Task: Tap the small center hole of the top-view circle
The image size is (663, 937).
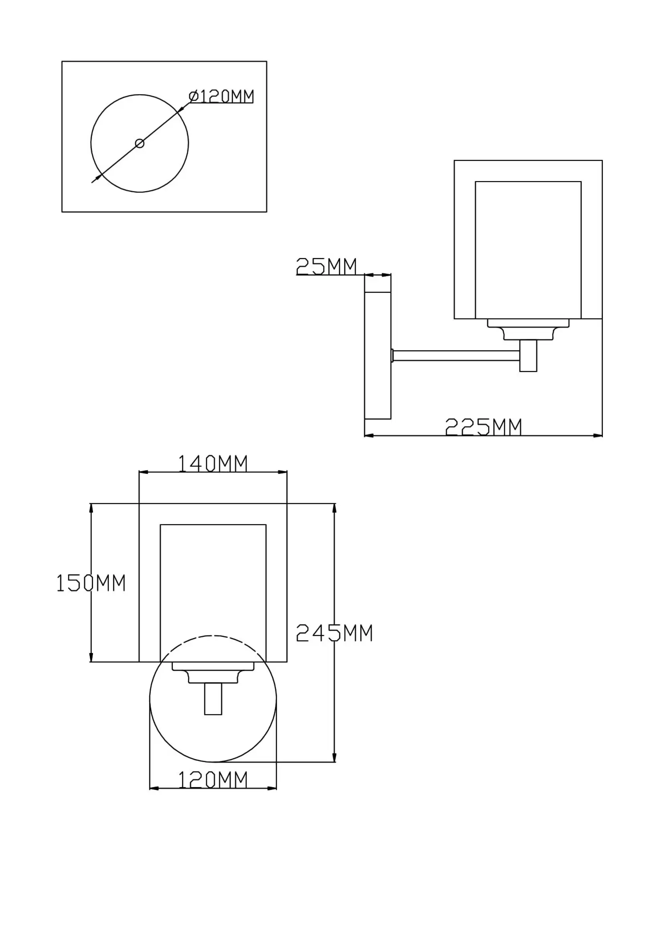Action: pyautogui.click(x=140, y=143)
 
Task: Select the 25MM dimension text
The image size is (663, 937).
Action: pyautogui.click(x=326, y=266)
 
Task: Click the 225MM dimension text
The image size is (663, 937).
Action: pyautogui.click(x=483, y=427)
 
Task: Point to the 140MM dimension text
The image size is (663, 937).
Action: pyautogui.click(x=213, y=463)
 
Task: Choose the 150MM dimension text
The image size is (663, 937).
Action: pyautogui.click(x=91, y=583)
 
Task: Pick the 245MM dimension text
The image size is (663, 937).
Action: pyautogui.click(x=334, y=633)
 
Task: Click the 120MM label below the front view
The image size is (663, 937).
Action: pyautogui.click(x=213, y=780)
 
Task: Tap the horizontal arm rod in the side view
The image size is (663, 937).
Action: pyautogui.click(x=456, y=355)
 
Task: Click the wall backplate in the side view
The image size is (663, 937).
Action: pyautogui.click(x=377, y=355)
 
